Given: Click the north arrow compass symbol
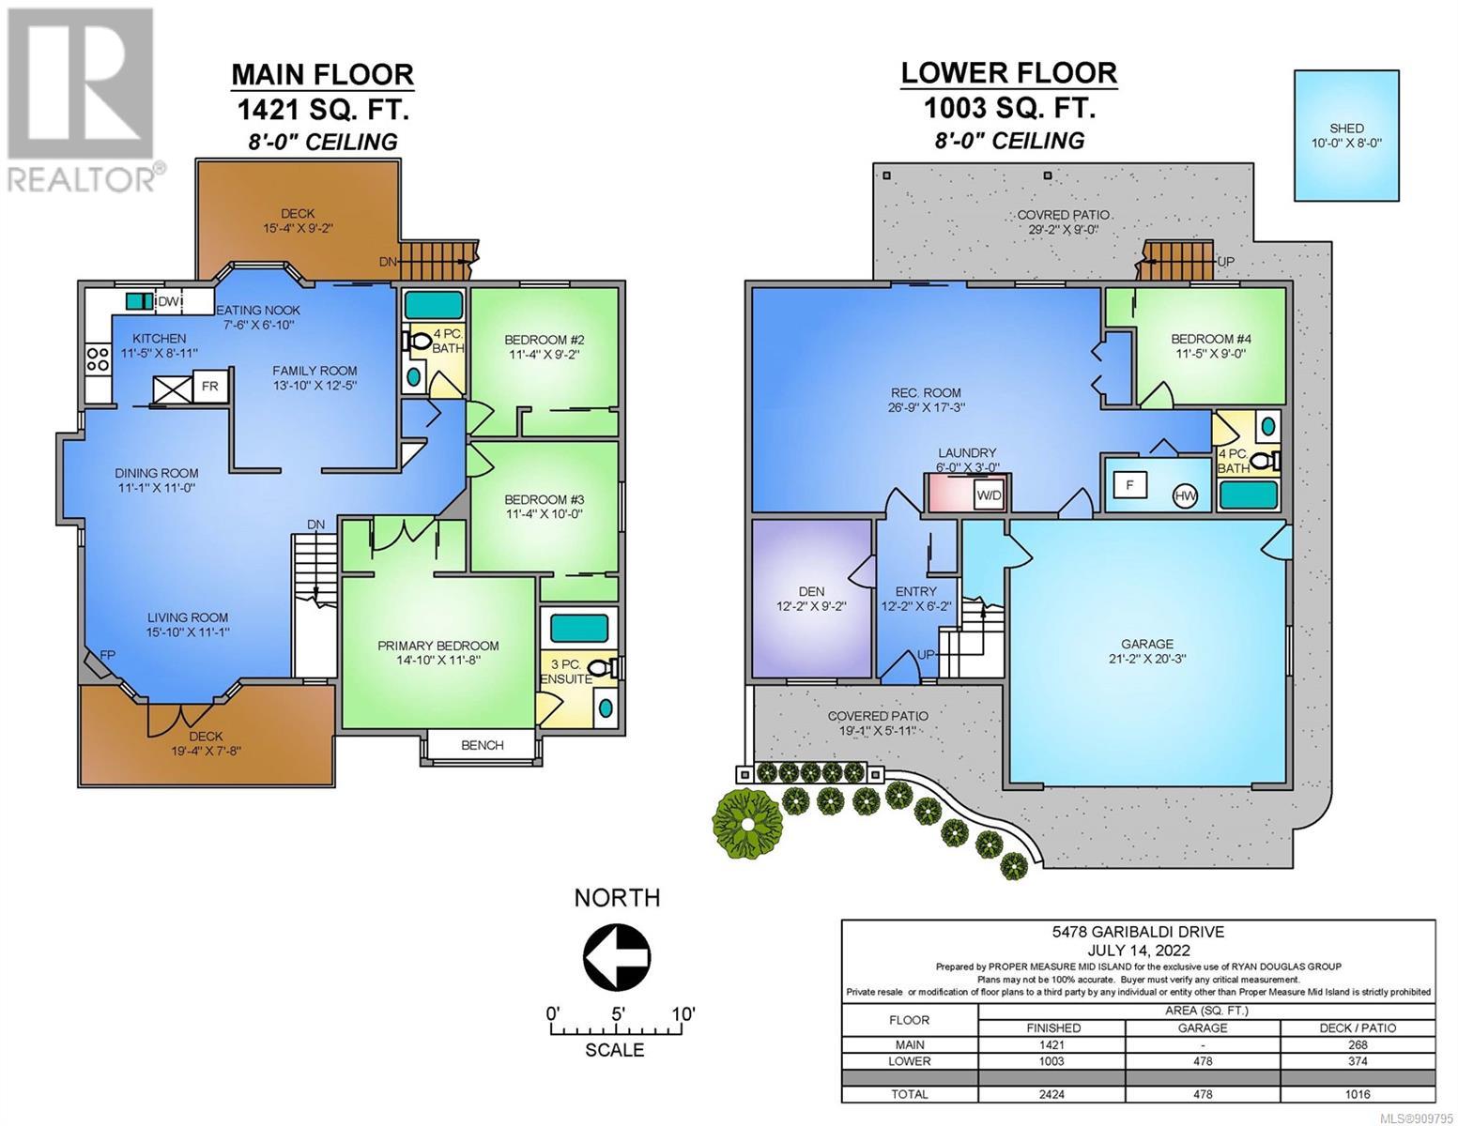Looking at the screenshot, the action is pyautogui.click(x=617, y=954).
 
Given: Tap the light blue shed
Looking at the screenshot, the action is pyautogui.click(x=1346, y=135).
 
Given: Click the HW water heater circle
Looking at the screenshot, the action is pyautogui.click(x=1185, y=496).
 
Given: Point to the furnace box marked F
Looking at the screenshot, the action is pyautogui.click(x=1130, y=485).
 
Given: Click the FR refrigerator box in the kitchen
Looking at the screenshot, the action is pyautogui.click(x=209, y=386).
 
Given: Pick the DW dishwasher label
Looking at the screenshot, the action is pyautogui.click(x=168, y=302).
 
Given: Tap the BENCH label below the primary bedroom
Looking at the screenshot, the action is pyautogui.click(x=482, y=745).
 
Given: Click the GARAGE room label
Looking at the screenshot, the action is pyautogui.click(x=1147, y=644).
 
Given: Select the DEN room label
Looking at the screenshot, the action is pyautogui.click(x=811, y=591).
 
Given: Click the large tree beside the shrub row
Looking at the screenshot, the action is pyautogui.click(x=746, y=824).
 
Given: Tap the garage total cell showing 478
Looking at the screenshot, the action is pyautogui.click(x=1203, y=1094).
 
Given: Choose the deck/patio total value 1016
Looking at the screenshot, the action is pyautogui.click(x=1358, y=1094).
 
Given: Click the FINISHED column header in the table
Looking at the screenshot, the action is pyautogui.click(x=1053, y=1027).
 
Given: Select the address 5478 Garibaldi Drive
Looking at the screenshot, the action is pyautogui.click(x=1138, y=932).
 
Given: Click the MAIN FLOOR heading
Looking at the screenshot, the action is pyautogui.click(x=323, y=74).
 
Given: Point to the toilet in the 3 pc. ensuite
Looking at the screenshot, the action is pyautogui.click(x=606, y=668).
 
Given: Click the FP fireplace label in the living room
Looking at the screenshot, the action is pyautogui.click(x=107, y=654).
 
